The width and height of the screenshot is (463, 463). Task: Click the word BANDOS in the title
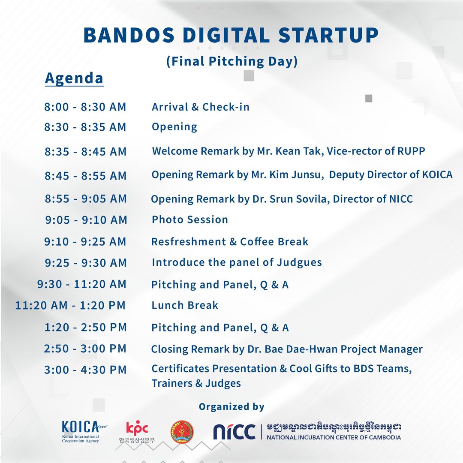[x=129, y=36]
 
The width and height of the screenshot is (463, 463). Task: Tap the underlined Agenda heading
[x=74, y=78]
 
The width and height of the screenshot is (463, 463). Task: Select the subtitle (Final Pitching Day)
[x=232, y=61]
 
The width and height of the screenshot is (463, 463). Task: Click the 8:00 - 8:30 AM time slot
[x=85, y=107]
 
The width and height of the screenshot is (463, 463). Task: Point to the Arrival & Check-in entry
[x=201, y=107]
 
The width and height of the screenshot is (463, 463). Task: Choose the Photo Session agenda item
[x=190, y=219]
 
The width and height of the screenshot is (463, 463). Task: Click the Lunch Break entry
[x=185, y=305]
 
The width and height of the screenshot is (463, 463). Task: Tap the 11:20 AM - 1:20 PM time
[x=71, y=305]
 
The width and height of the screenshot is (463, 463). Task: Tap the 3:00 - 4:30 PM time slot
[x=85, y=370]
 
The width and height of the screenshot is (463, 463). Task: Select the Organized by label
[x=231, y=407]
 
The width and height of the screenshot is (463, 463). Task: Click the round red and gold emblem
[x=182, y=431]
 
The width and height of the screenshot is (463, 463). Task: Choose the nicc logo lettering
[x=235, y=432]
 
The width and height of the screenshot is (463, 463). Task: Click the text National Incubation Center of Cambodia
[x=334, y=437]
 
